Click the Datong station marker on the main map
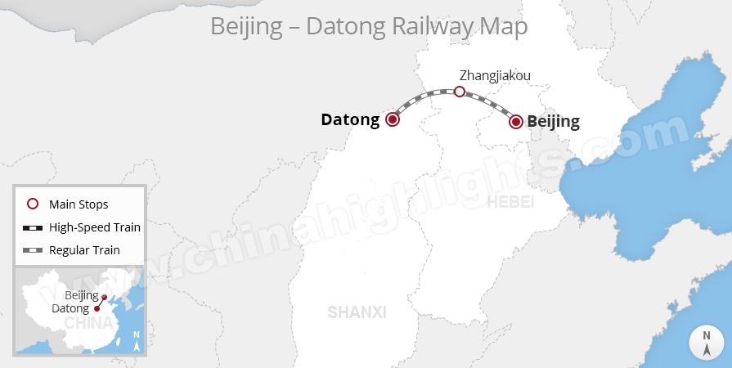pyautogui.click(x=393, y=119)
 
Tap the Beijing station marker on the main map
pyautogui.click(x=516, y=122)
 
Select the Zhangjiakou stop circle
pyautogui.click(x=460, y=92)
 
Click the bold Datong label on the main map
pyautogui.click(x=350, y=119)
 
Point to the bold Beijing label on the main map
pyautogui.click(x=554, y=122)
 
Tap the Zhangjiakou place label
pyautogui.click(x=496, y=75)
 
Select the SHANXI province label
pyautogui.click(x=357, y=312)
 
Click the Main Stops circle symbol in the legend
pyautogui.click(x=33, y=204)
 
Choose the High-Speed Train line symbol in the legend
pyautogui.click(x=33, y=227)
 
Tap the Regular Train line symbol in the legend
pyautogui.click(x=33, y=250)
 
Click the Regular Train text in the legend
pyautogui.click(x=84, y=250)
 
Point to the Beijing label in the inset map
pyautogui.click(x=81, y=295)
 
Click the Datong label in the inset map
pyautogui.click(x=70, y=308)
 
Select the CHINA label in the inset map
pyautogui.click(x=88, y=323)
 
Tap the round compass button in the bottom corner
pyautogui.click(x=707, y=342)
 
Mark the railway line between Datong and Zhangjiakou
pyautogui.click(x=423, y=99)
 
